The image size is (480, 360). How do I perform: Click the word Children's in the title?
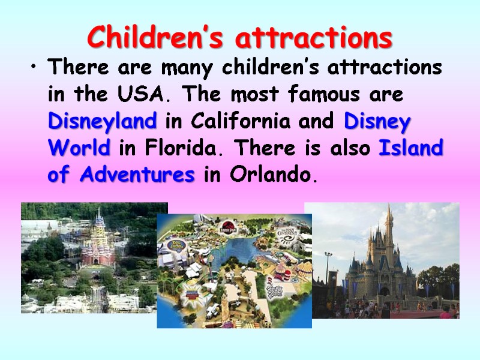(157, 38)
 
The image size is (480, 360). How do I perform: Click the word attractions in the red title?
(314, 38)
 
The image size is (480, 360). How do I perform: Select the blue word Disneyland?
(102, 122)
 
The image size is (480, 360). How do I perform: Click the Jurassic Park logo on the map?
(228, 228)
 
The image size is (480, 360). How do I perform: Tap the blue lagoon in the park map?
(240, 252)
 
